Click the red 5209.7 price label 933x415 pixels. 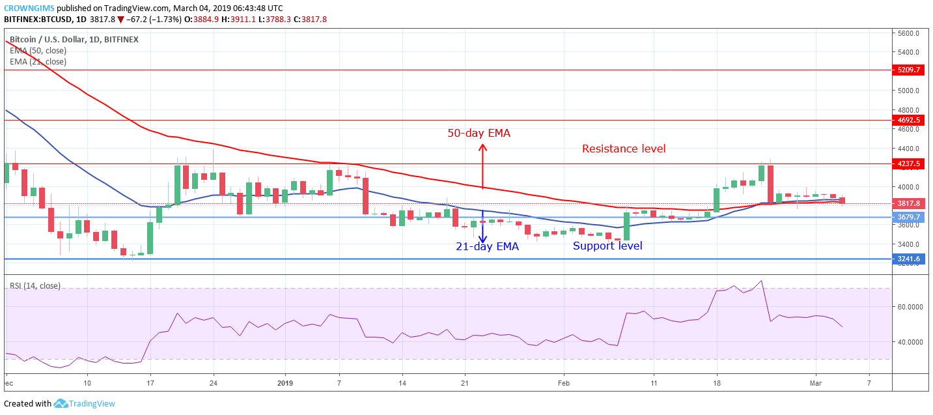908,70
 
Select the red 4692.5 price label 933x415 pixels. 908,121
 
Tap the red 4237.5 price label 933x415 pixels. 908,164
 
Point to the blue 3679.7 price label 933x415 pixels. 908,217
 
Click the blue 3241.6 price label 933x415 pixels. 908,259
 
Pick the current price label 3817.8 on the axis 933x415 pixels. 908,204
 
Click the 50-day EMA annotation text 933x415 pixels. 479,133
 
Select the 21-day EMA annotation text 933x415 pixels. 487,246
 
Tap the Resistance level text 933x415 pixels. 624,149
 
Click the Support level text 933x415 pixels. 607,246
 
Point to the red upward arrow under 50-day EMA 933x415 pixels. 482,166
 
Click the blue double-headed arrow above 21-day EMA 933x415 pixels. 482,226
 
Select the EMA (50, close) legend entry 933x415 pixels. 38,51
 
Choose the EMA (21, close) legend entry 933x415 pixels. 38,62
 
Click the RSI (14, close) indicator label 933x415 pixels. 35,285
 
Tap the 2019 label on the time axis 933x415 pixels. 286,384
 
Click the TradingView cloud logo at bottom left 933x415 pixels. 61,404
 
